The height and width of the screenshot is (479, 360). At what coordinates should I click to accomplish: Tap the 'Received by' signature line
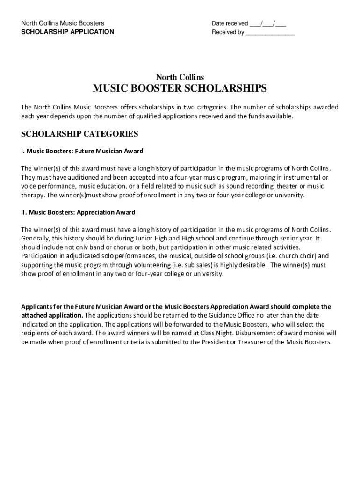(x=270, y=33)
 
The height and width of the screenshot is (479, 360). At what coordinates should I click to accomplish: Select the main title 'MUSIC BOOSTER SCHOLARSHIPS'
(x=180, y=89)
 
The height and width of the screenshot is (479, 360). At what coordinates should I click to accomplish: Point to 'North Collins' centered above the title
(x=180, y=77)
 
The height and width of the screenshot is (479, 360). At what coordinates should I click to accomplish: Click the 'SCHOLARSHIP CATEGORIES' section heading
(x=79, y=134)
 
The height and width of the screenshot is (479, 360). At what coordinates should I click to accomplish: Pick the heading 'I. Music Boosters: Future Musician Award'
(x=82, y=151)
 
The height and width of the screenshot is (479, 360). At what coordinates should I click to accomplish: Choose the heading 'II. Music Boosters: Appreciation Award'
(x=78, y=212)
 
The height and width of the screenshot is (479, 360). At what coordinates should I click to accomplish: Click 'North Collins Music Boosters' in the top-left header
(x=62, y=23)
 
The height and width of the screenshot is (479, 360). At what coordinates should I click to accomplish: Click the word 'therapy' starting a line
(x=32, y=195)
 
